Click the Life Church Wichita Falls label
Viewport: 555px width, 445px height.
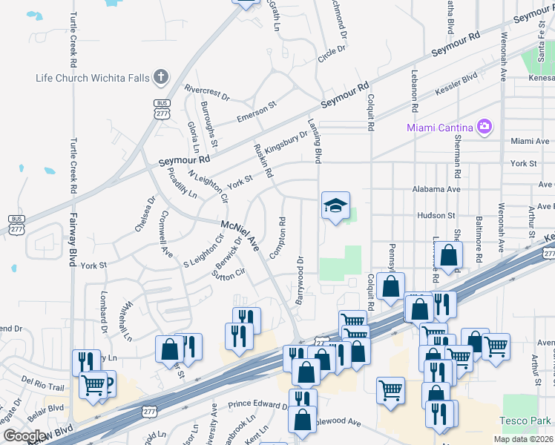pos(93,78)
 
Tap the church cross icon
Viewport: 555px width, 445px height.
pos(160,77)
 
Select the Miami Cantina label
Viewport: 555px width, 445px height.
pos(441,127)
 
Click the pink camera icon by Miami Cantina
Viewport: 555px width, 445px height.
pos(485,127)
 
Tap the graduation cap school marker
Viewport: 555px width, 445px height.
pos(335,205)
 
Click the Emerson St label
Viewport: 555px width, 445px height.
pos(256,111)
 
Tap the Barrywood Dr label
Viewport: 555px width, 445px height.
pos(301,280)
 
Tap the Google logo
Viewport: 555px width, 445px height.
pos(25,436)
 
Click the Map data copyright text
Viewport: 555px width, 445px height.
pos(524,439)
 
